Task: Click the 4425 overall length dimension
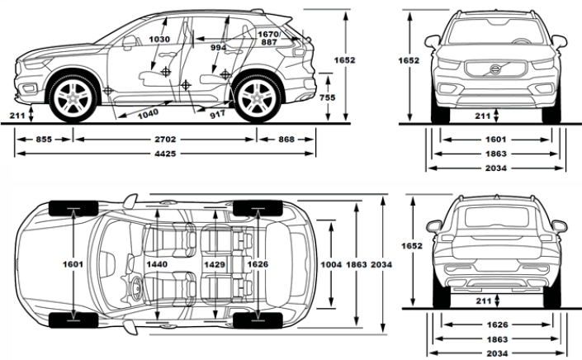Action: click(165, 154)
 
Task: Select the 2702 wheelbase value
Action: click(165, 140)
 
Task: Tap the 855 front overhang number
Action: click(44, 140)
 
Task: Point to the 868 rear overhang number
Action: click(286, 140)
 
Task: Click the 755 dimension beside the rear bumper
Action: click(328, 97)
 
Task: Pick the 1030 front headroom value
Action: click(159, 40)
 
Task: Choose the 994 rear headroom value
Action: click(218, 48)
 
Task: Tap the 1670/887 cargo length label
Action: click(269, 38)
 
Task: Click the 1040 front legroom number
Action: click(148, 114)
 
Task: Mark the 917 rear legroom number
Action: click(217, 114)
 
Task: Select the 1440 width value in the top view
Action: click(157, 264)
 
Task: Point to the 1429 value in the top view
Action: click(215, 264)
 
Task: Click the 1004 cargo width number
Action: click(332, 264)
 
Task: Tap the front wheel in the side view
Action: click(73, 98)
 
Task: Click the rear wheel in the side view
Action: click(258, 98)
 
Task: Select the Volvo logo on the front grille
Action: click(495, 69)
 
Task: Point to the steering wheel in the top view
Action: click(136, 287)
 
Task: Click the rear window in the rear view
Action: click(497, 217)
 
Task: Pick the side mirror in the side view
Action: click(129, 43)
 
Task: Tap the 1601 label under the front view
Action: click(496, 140)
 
